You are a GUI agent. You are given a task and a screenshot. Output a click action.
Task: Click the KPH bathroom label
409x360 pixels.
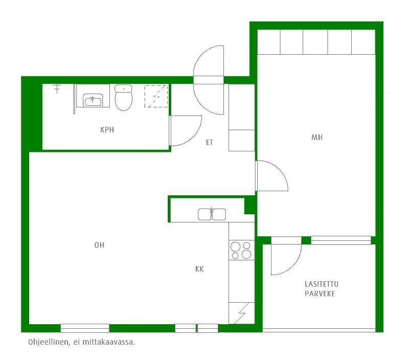point(107,130)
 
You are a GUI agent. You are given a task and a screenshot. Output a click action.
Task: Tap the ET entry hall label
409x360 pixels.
point(210,143)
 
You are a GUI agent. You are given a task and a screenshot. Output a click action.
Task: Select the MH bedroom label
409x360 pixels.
point(317,137)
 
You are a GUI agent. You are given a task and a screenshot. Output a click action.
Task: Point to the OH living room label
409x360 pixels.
point(99,245)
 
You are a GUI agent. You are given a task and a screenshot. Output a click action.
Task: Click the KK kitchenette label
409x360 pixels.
point(199,269)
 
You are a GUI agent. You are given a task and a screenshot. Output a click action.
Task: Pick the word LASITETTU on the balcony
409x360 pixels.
point(322,284)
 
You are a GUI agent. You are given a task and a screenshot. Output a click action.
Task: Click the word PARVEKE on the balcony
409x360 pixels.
point(320,294)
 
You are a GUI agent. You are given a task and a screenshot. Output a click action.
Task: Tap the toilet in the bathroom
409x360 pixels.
point(123,98)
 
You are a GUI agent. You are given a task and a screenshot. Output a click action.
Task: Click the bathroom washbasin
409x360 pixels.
point(93,100)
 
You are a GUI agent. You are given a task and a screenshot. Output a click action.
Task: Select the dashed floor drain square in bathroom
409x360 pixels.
point(156,96)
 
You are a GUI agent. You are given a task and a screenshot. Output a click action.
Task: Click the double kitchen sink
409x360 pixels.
point(212,214)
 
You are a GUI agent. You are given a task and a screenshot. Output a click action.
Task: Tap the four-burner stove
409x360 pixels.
point(241,250)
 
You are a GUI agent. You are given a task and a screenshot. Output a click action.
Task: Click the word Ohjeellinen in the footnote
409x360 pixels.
point(49,342)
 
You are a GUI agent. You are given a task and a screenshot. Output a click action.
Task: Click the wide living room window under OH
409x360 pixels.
point(85,328)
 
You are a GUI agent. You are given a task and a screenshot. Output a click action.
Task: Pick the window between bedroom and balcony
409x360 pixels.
point(341,240)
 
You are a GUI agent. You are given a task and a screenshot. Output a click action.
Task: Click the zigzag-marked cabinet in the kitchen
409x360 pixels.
point(241,313)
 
